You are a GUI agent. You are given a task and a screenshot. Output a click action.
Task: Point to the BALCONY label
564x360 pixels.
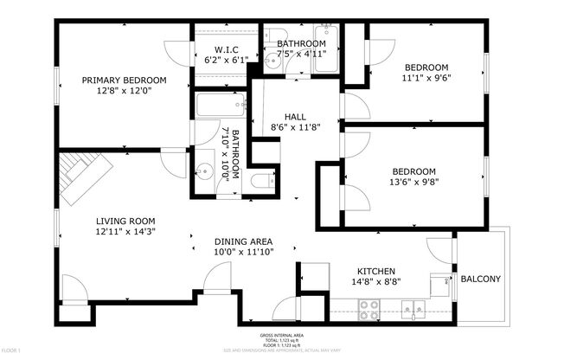[480, 279]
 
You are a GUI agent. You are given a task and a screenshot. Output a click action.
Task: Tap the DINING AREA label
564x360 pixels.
[244, 241]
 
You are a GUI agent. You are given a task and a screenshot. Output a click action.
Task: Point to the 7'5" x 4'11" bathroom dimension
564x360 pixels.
[300, 55]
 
